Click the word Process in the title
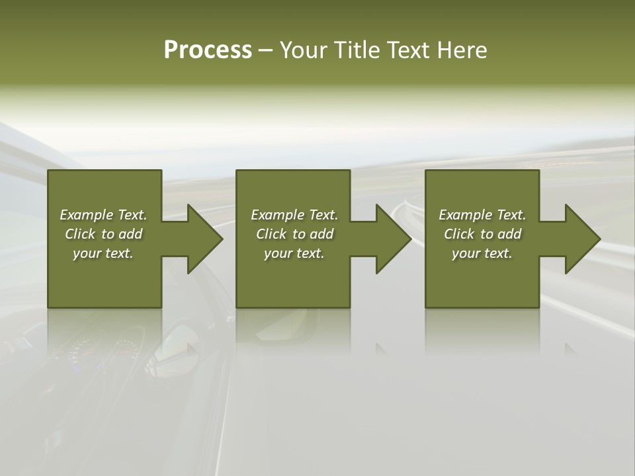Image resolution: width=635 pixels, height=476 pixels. [208, 50]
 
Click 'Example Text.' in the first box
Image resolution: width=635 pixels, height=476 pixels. [103, 215]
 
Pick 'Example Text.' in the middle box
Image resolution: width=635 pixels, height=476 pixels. [294, 215]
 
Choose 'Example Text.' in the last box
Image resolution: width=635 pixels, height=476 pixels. [482, 215]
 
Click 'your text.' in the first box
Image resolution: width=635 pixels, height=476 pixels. [103, 253]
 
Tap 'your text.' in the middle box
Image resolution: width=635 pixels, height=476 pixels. [294, 253]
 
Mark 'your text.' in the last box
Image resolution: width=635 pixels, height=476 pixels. [482, 253]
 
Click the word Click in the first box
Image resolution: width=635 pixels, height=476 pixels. [80, 234]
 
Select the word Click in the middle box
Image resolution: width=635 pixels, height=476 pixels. [271, 234]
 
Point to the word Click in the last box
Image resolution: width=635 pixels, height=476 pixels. [459, 234]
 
